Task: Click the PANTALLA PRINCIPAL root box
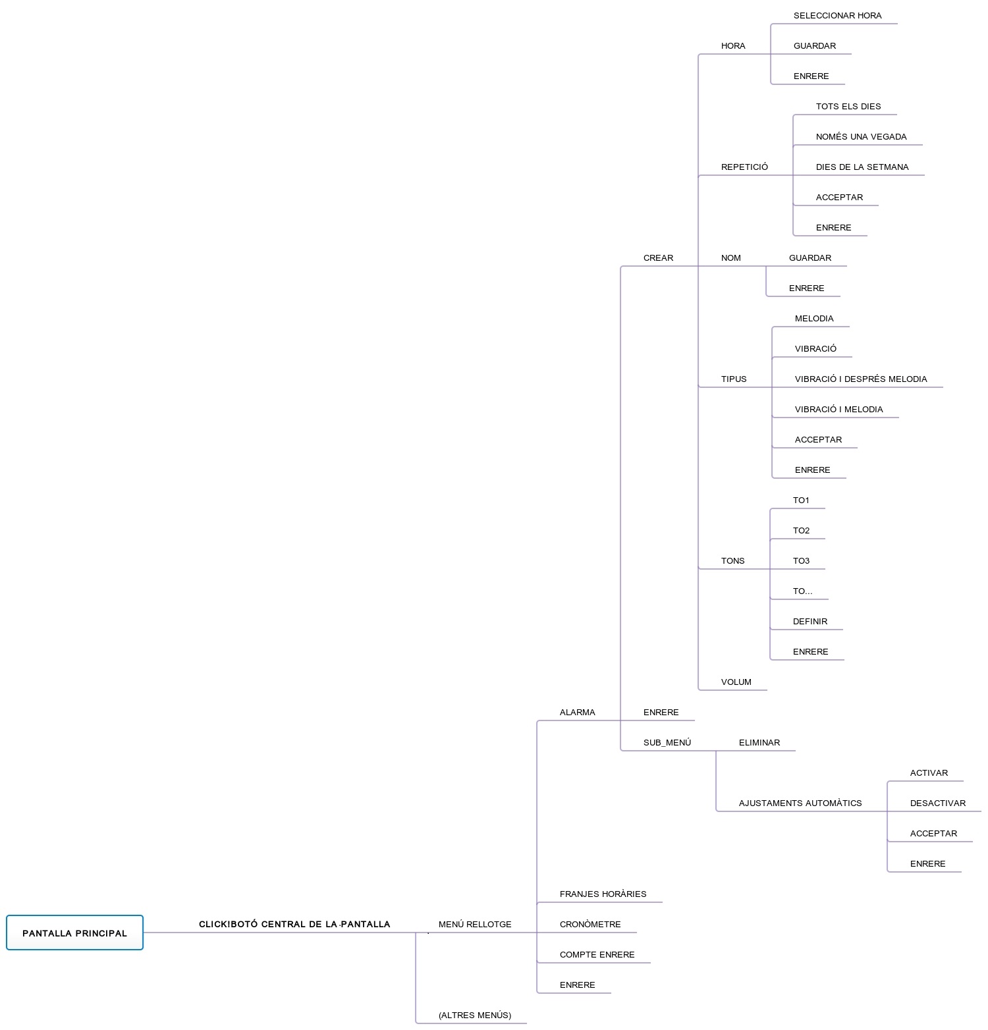tap(74, 933)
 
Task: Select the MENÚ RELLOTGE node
tap(475, 924)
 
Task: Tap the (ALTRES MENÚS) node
tap(475, 1015)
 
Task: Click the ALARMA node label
tap(577, 712)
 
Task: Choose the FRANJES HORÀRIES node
tap(603, 894)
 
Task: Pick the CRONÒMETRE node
tap(590, 924)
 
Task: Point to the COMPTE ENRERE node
tap(597, 954)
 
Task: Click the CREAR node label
tap(658, 257)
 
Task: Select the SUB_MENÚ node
tap(667, 742)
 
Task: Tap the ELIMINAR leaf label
tap(759, 742)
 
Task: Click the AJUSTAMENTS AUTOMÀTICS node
tap(800, 803)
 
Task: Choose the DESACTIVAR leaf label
tap(937, 803)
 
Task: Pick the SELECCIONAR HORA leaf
tap(837, 15)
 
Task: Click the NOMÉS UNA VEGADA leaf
tap(861, 136)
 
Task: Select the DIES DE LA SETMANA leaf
tap(862, 167)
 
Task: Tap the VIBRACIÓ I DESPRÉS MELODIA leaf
tap(860, 379)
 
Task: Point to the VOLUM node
tap(736, 682)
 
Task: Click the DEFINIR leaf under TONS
tap(810, 621)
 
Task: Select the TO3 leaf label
tap(801, 560)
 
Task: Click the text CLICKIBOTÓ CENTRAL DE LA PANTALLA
tap(294, 924)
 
